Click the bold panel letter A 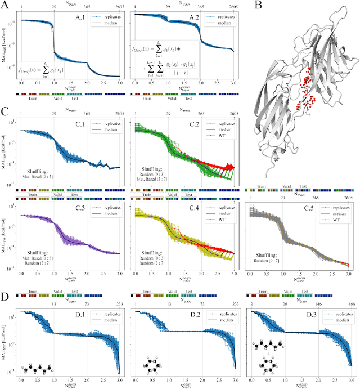tap(4, 5)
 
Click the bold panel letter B tap(258, 5)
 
